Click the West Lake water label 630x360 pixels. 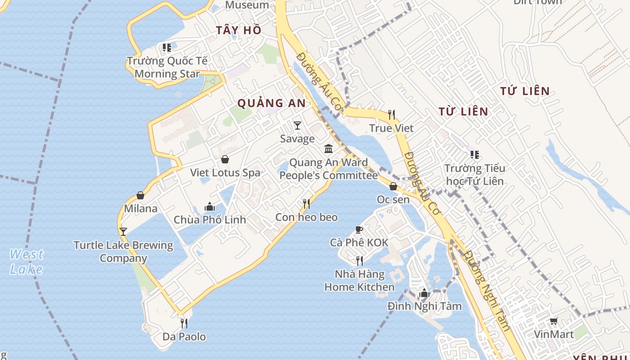coord(27,261)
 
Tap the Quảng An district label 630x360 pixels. coord(271,103)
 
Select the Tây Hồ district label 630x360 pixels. coord(238,30)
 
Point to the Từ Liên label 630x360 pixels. coord(463,111)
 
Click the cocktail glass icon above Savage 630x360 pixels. coord(297,125)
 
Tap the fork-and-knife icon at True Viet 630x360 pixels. coord(391,115)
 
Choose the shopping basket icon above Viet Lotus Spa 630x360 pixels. coord(225,159)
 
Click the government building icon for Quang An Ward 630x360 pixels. coord(328,148)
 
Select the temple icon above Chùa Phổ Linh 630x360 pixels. coord(210,207)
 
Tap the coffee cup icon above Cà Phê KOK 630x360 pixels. coord(359,230)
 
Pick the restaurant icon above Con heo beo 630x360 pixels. coord(306,204)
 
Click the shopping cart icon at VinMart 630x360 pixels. coord(553,321)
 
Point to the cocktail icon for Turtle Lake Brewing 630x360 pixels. coord(123,232)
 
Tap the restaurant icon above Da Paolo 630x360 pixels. coord(184,323)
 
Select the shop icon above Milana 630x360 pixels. coord(140,195)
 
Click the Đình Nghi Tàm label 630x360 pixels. coord(424,306)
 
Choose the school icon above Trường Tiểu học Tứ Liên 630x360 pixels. coord(474,155)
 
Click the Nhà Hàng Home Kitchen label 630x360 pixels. coord(360,280)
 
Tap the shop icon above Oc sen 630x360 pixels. coord(393,186)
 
